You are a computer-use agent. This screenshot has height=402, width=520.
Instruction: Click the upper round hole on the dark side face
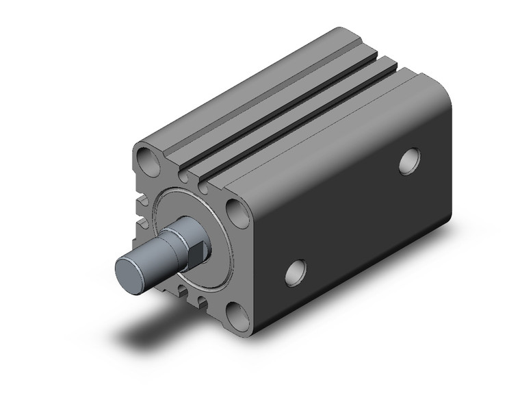410,162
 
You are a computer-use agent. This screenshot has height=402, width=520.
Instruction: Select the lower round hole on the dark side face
294,272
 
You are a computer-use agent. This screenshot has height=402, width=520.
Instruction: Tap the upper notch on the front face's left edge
142,203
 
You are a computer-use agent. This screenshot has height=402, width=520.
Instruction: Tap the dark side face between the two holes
356,219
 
